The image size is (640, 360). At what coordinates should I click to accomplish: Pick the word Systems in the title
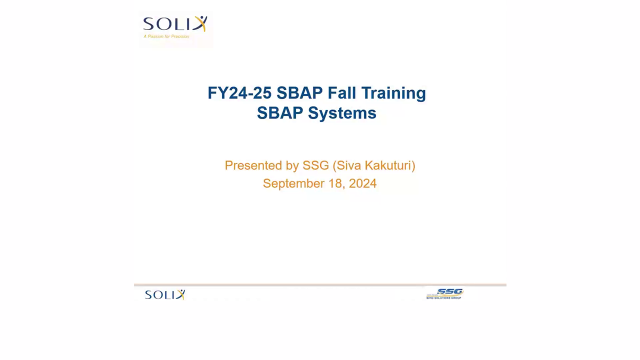click(342, 113)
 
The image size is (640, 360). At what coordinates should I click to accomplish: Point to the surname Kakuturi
click(388, 165)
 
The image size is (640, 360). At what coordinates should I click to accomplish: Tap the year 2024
click(362, 183)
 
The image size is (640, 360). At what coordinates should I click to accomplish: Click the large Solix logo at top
click(174, 24)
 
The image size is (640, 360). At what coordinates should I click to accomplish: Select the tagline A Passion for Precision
click(166, 36)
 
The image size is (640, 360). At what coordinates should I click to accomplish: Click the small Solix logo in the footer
click(165, 294)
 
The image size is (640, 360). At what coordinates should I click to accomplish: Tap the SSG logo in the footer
click(449, 292)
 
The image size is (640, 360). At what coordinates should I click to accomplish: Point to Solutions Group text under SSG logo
click(444, 298)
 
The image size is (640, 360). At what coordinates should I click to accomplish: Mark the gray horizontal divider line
click(320, 285)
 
